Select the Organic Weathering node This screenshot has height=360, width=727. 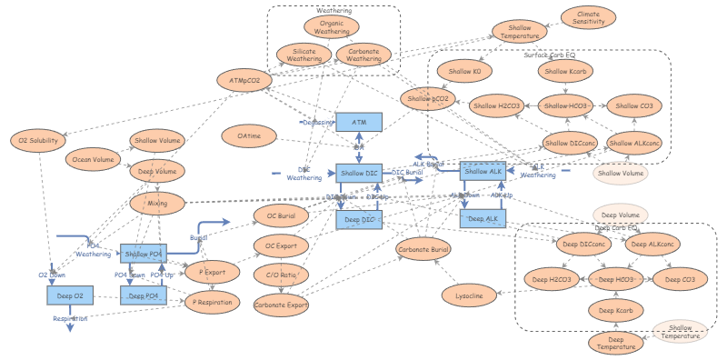pos(331,26)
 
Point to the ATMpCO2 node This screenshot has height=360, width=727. pos(244,81)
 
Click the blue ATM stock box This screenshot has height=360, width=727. pos(359,121)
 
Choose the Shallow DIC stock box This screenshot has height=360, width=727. pos(359,172)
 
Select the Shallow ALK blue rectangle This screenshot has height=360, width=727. pos(483,170)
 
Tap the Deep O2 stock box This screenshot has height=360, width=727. pos(69,295)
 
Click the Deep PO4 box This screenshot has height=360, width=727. pos(144,295)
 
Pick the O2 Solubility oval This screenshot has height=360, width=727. pos(38,140)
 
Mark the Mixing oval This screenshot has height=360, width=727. pos(157,204)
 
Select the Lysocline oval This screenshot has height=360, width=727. pos(469,295)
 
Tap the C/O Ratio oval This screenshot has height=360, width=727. pos(281,275)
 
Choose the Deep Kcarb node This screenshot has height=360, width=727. pos(618,311)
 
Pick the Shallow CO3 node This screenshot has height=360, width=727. pos(633,105)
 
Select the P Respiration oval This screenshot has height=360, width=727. pos(214,302)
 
